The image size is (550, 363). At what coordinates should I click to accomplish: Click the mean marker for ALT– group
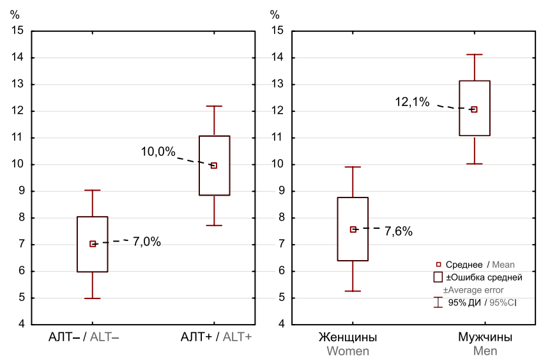93,243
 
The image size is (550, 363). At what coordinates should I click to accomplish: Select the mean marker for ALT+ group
214,166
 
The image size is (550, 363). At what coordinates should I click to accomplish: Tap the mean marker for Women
353,229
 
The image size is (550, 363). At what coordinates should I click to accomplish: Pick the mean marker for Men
474,109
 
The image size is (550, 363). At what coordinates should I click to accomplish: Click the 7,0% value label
146,242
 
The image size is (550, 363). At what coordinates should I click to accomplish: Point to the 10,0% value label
158,151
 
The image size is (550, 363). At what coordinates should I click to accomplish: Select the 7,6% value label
399,231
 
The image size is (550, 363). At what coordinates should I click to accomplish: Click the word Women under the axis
348,351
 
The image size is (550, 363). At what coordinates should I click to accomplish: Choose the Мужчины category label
485,337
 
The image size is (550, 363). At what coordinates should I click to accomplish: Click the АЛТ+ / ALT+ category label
216,337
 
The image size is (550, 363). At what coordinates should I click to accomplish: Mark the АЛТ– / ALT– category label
84,337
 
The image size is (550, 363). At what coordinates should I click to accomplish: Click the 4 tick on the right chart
280,324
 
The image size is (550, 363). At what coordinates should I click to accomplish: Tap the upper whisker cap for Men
474,55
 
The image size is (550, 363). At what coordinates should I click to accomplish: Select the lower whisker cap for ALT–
93,298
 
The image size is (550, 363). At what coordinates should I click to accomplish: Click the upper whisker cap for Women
353,167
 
